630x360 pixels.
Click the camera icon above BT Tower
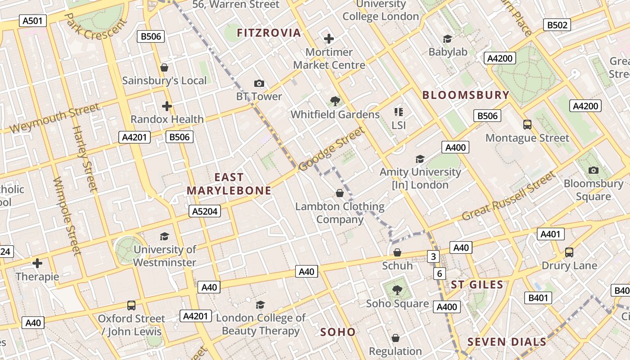pos(259,83)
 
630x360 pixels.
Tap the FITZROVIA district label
pos(269,32)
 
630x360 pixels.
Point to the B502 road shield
pos(557,25)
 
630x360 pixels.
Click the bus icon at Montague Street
pos(527,125)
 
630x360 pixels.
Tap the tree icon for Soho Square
pos(397,290)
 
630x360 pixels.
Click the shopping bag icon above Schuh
pos(397,253)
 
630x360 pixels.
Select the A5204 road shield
pos(205,211)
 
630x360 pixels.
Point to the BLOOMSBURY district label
pos(466,95)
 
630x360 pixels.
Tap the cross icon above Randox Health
pos(167,106)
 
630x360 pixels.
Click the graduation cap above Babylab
pos(447,39)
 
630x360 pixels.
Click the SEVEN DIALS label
pos(507,342)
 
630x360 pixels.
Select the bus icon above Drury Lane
pos(569,252)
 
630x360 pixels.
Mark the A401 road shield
pos(550,234)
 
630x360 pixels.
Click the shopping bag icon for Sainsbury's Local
pos(164,67)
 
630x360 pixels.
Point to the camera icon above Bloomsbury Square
pos(594,170)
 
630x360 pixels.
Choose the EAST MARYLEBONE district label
pos(229,184)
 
